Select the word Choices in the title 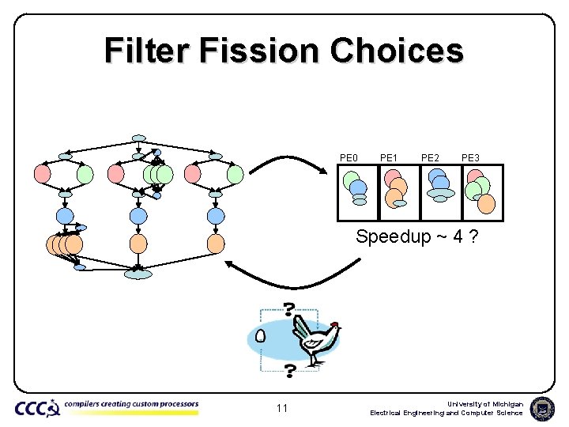397,51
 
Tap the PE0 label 349,158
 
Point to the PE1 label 389,158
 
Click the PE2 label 431,158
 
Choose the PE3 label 471,158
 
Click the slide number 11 281,409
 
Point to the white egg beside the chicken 260,336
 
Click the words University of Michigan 488,403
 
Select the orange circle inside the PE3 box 487,204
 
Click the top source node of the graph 139,138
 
